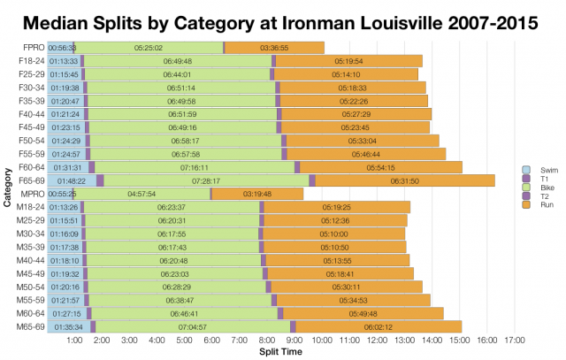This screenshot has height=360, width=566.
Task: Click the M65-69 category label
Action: (28, 326)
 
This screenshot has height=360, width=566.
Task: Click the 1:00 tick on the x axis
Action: (75, 340)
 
